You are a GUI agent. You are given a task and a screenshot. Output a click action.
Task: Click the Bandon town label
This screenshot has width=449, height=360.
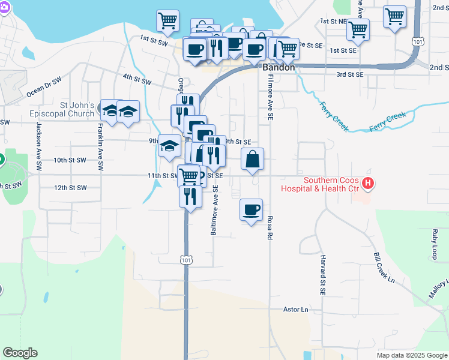point(279,68)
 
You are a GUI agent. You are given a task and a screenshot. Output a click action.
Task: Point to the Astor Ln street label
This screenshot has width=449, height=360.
point(296,310)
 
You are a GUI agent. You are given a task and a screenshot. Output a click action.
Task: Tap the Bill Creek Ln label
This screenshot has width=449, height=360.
point(384,267)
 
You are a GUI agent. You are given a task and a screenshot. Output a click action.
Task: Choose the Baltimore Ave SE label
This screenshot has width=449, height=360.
point(214,210)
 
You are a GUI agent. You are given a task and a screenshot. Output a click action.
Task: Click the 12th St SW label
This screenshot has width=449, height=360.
point(70,188)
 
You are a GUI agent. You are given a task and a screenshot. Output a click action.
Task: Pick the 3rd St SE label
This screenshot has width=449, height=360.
point(350,74)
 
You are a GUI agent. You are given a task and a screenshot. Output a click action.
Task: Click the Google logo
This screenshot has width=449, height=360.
point(20,353)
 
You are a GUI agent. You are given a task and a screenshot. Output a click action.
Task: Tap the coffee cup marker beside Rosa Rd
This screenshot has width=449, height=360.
point(252,210)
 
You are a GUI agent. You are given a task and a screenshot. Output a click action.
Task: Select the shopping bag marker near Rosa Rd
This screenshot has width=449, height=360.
point(253,160)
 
